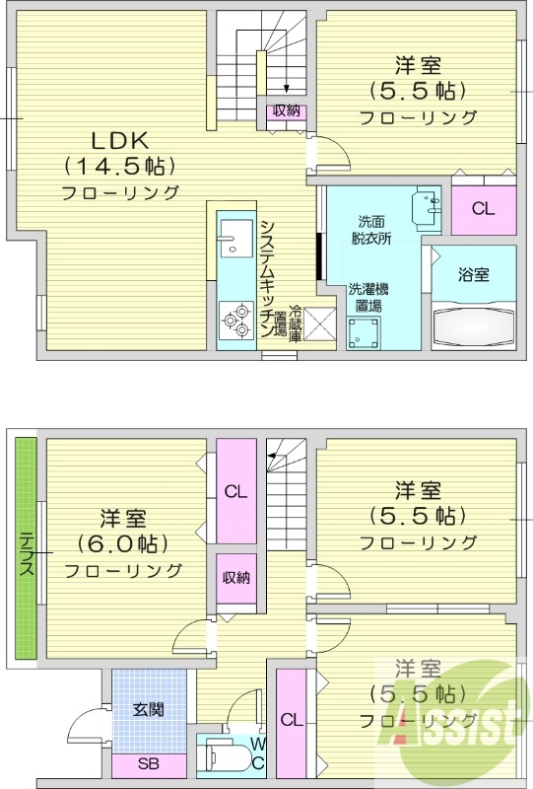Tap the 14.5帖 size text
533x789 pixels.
[x=118, y=165]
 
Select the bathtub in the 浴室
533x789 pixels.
[x=474, y=324]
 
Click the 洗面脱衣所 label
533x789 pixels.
[x=372, y=230]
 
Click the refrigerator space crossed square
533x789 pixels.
[x=320, y=324]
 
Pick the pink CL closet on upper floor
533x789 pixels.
[x=482, y=208]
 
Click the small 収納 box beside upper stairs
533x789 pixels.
[x=286, y=111]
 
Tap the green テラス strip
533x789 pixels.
[x=26, y=552]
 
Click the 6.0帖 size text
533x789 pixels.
[x=123, y=543]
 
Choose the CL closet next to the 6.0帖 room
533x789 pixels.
[x=234, y=491]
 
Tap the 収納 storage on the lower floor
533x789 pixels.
[x=234, y=578]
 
